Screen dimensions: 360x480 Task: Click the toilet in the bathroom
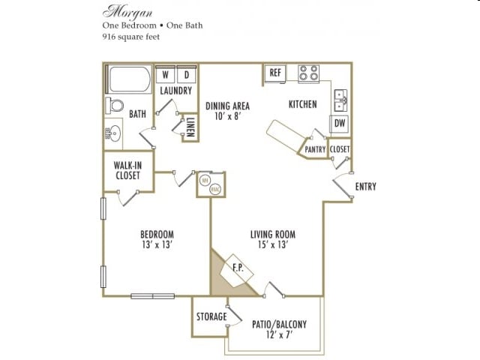tap(114, 105)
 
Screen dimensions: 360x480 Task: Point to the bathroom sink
tap(113, 134)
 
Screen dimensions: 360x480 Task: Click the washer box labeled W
tap(165, 75)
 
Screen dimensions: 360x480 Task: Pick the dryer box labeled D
tap(187, 75)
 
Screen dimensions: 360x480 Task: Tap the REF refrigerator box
tap(275, 73)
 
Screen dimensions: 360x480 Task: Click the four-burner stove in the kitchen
tap(308, 73)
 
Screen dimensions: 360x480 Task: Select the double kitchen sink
tap(340, 97)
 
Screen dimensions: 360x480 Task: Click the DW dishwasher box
tap(339, 123)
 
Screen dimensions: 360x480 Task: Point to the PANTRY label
tap(315, 150)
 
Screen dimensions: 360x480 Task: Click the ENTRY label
tap(365, 187)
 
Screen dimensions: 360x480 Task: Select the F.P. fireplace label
tap(236, 268)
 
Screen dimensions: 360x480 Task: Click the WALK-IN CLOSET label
tap(127, 169)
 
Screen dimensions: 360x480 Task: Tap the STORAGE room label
tap(211, 317)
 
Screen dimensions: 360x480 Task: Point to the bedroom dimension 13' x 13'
tap(156, 244)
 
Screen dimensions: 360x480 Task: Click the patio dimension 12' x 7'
tap(277, 335)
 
